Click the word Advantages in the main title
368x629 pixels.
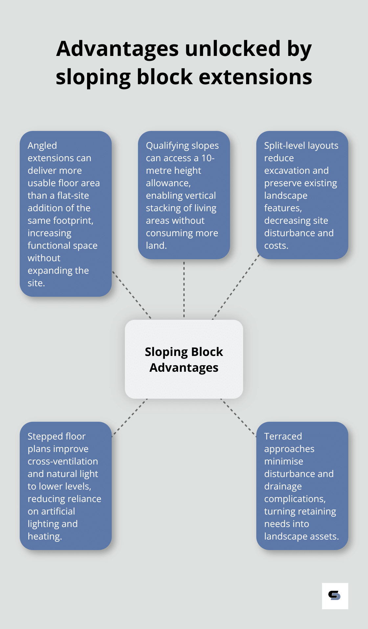(118, 49)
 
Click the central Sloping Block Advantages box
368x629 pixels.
(184, 359)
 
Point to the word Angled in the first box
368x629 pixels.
(42, 145)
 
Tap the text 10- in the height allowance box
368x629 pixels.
(208, 158)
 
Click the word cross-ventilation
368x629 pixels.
(63, 461)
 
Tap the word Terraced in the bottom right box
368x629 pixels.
(283, 436)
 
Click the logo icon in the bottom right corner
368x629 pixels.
(335, 596)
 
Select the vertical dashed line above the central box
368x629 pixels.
(184, 289)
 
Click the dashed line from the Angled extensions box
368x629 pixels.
(131, 295)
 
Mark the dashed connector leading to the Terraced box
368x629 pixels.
(238, 417)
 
